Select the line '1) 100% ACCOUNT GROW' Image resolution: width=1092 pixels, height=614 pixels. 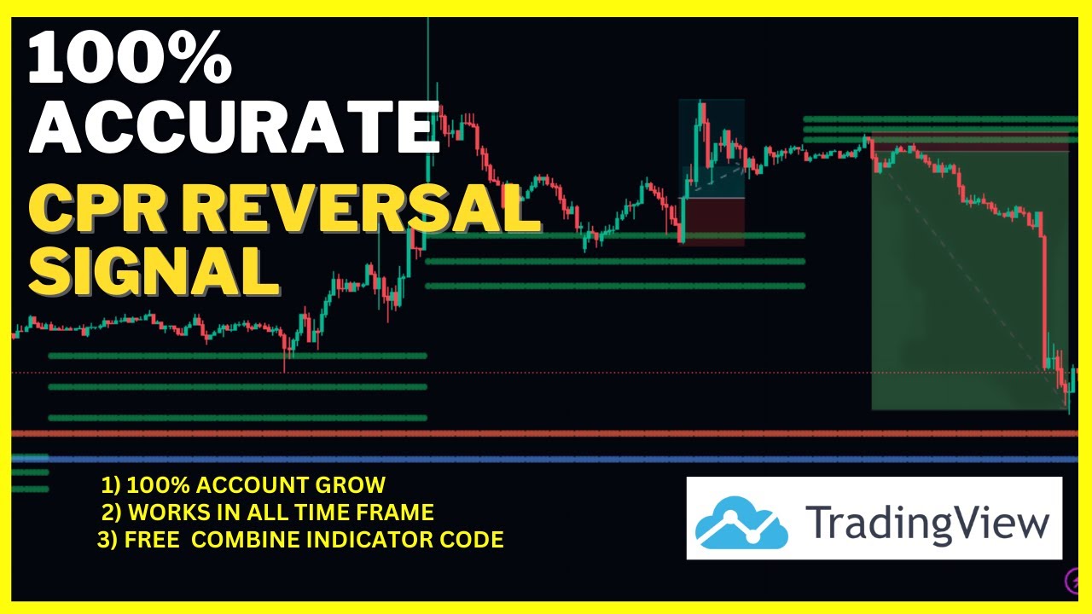243,486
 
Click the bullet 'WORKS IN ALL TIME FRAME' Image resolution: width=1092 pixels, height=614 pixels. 268,513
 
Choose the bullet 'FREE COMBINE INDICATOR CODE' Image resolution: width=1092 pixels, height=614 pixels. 301,540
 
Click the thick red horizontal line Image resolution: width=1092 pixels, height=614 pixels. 546,433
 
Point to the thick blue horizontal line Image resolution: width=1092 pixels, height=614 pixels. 546,460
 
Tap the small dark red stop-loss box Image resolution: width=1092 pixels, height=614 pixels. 712,222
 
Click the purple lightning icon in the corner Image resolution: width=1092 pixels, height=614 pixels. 1074,582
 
